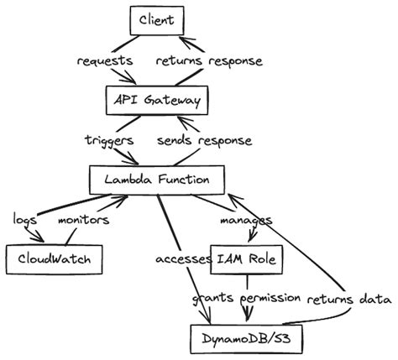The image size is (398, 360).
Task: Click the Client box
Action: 156,18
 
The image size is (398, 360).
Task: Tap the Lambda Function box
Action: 156,180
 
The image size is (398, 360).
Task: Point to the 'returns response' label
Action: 209,61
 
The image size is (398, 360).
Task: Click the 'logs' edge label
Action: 24,219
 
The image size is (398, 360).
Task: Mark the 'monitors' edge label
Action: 82,219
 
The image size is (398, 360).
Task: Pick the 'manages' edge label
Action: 246,220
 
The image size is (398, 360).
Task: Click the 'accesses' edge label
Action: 182,258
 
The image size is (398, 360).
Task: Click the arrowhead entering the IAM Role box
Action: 246,240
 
